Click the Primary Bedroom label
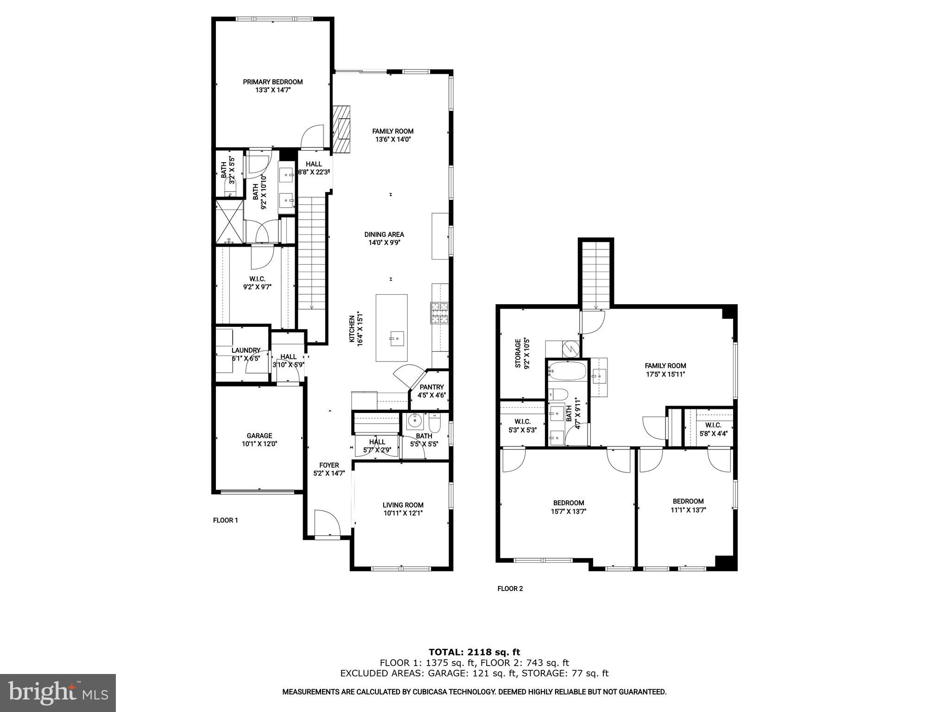(272, 82)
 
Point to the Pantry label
(431, 387)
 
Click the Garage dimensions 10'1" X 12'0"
(259, 444)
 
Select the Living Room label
(403, 505)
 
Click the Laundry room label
(246, 350)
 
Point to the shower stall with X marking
(229, 221)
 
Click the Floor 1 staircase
(312, 253)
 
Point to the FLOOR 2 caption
(510, 589)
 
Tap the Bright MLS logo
(58, 693)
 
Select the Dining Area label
(384, 234)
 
